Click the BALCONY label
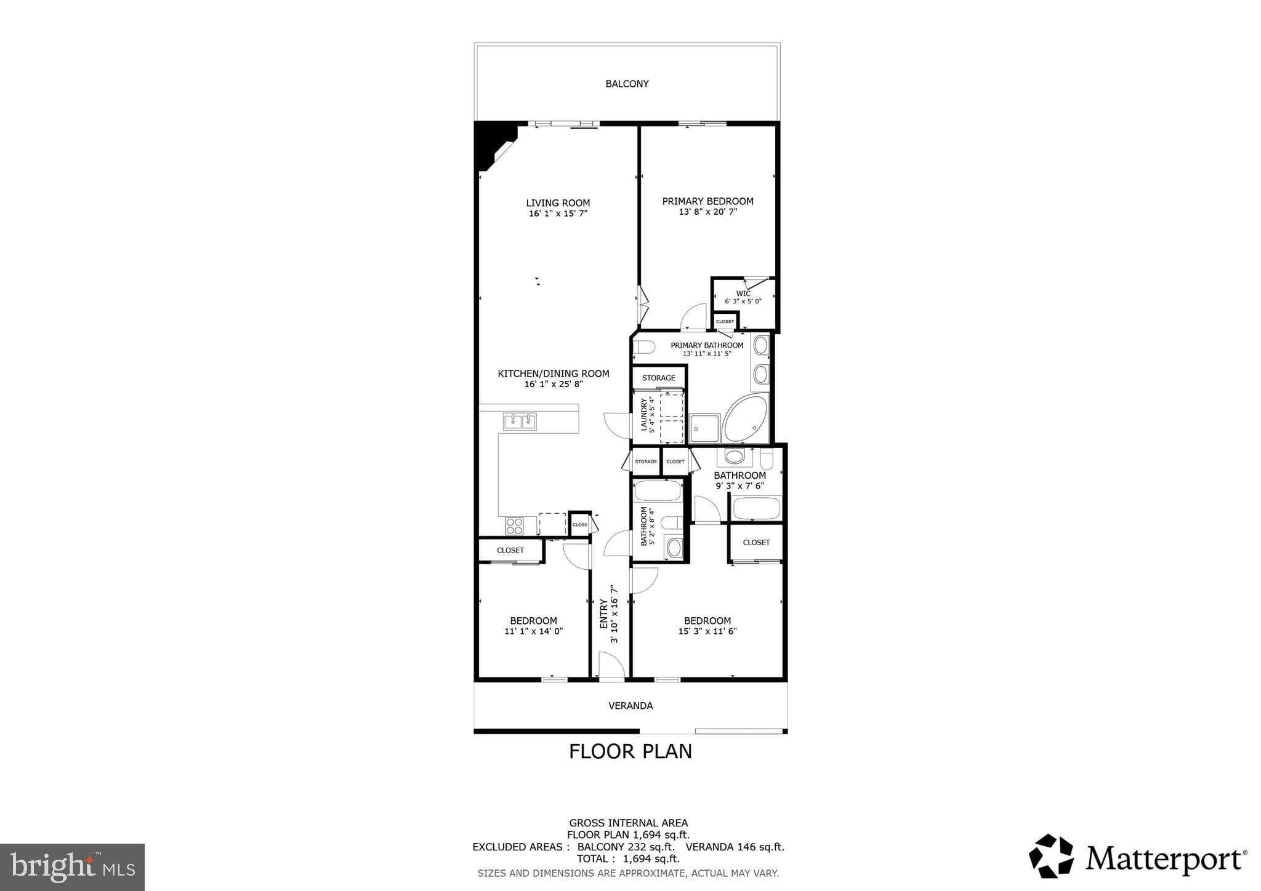coord(627,84)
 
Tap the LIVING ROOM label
coord(558,203)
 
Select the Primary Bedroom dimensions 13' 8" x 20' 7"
coord(707,212)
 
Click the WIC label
coord(743,294)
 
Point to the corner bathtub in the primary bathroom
coord(746,418)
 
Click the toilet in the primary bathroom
coord(643,348)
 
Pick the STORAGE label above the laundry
coord(658,378)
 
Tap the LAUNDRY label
coord(644,414)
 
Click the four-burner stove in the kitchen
coord(514,525)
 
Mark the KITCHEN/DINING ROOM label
coord(553,374)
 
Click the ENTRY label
coord(604,613)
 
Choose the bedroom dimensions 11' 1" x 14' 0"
coord(533,631)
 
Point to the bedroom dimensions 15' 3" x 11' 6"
coord(707,631)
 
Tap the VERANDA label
coord(630,706)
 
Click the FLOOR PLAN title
coord(630,751)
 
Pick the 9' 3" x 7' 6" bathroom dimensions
coord(739,485)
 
